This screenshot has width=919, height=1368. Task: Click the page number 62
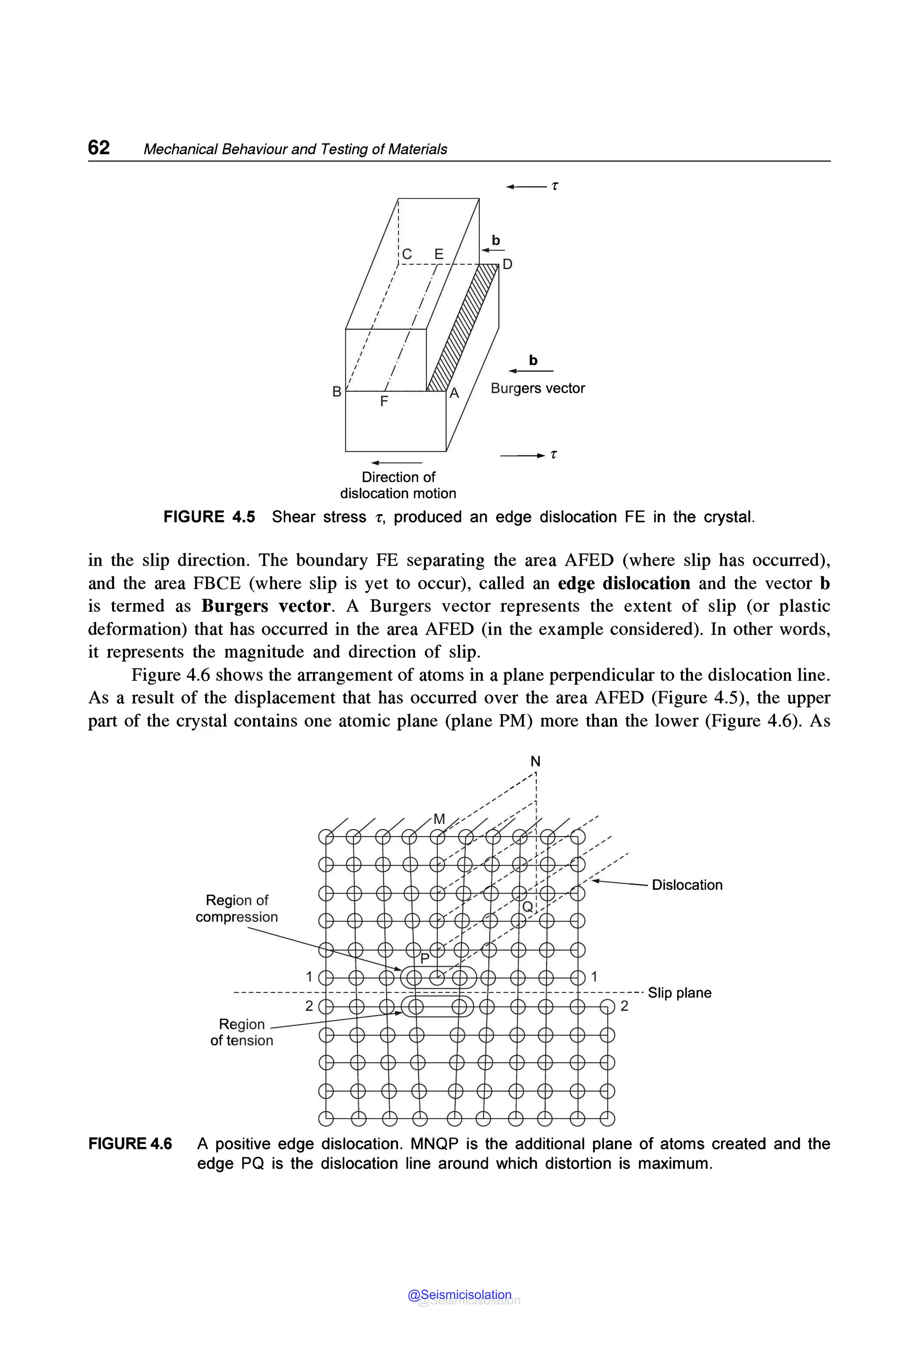tap(98, 147)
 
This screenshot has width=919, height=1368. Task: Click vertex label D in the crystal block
tap(508, 264)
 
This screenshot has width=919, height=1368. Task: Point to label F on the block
tap(384, 401)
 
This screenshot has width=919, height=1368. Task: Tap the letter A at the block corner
tap(454, 394)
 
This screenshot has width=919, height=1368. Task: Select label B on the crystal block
tap(337, 392)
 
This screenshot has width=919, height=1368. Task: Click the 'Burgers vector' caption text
tap(538, 388)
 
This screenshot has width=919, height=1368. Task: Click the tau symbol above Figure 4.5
tap(555, 186)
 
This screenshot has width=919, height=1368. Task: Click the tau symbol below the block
tap(554, 454)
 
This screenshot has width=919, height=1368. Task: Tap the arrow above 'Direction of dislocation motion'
tap(396, 463)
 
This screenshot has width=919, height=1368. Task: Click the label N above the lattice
tap(535, 761)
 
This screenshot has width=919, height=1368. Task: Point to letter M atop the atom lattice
tap(439, 819)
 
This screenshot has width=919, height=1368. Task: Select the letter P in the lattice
tap(425, 959)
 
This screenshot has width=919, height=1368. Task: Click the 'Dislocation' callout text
tap(687, 884)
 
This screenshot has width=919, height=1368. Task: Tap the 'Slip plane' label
tap(679, 993)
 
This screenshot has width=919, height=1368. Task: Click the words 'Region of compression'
tap(237, 908)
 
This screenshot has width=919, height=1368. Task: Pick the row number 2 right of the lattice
tap(624, 1006)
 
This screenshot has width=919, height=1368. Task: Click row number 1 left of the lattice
tap(309, 976)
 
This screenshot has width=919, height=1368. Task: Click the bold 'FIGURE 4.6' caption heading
tap(130, 1144)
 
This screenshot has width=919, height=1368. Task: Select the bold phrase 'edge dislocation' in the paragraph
tap(624, 584)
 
